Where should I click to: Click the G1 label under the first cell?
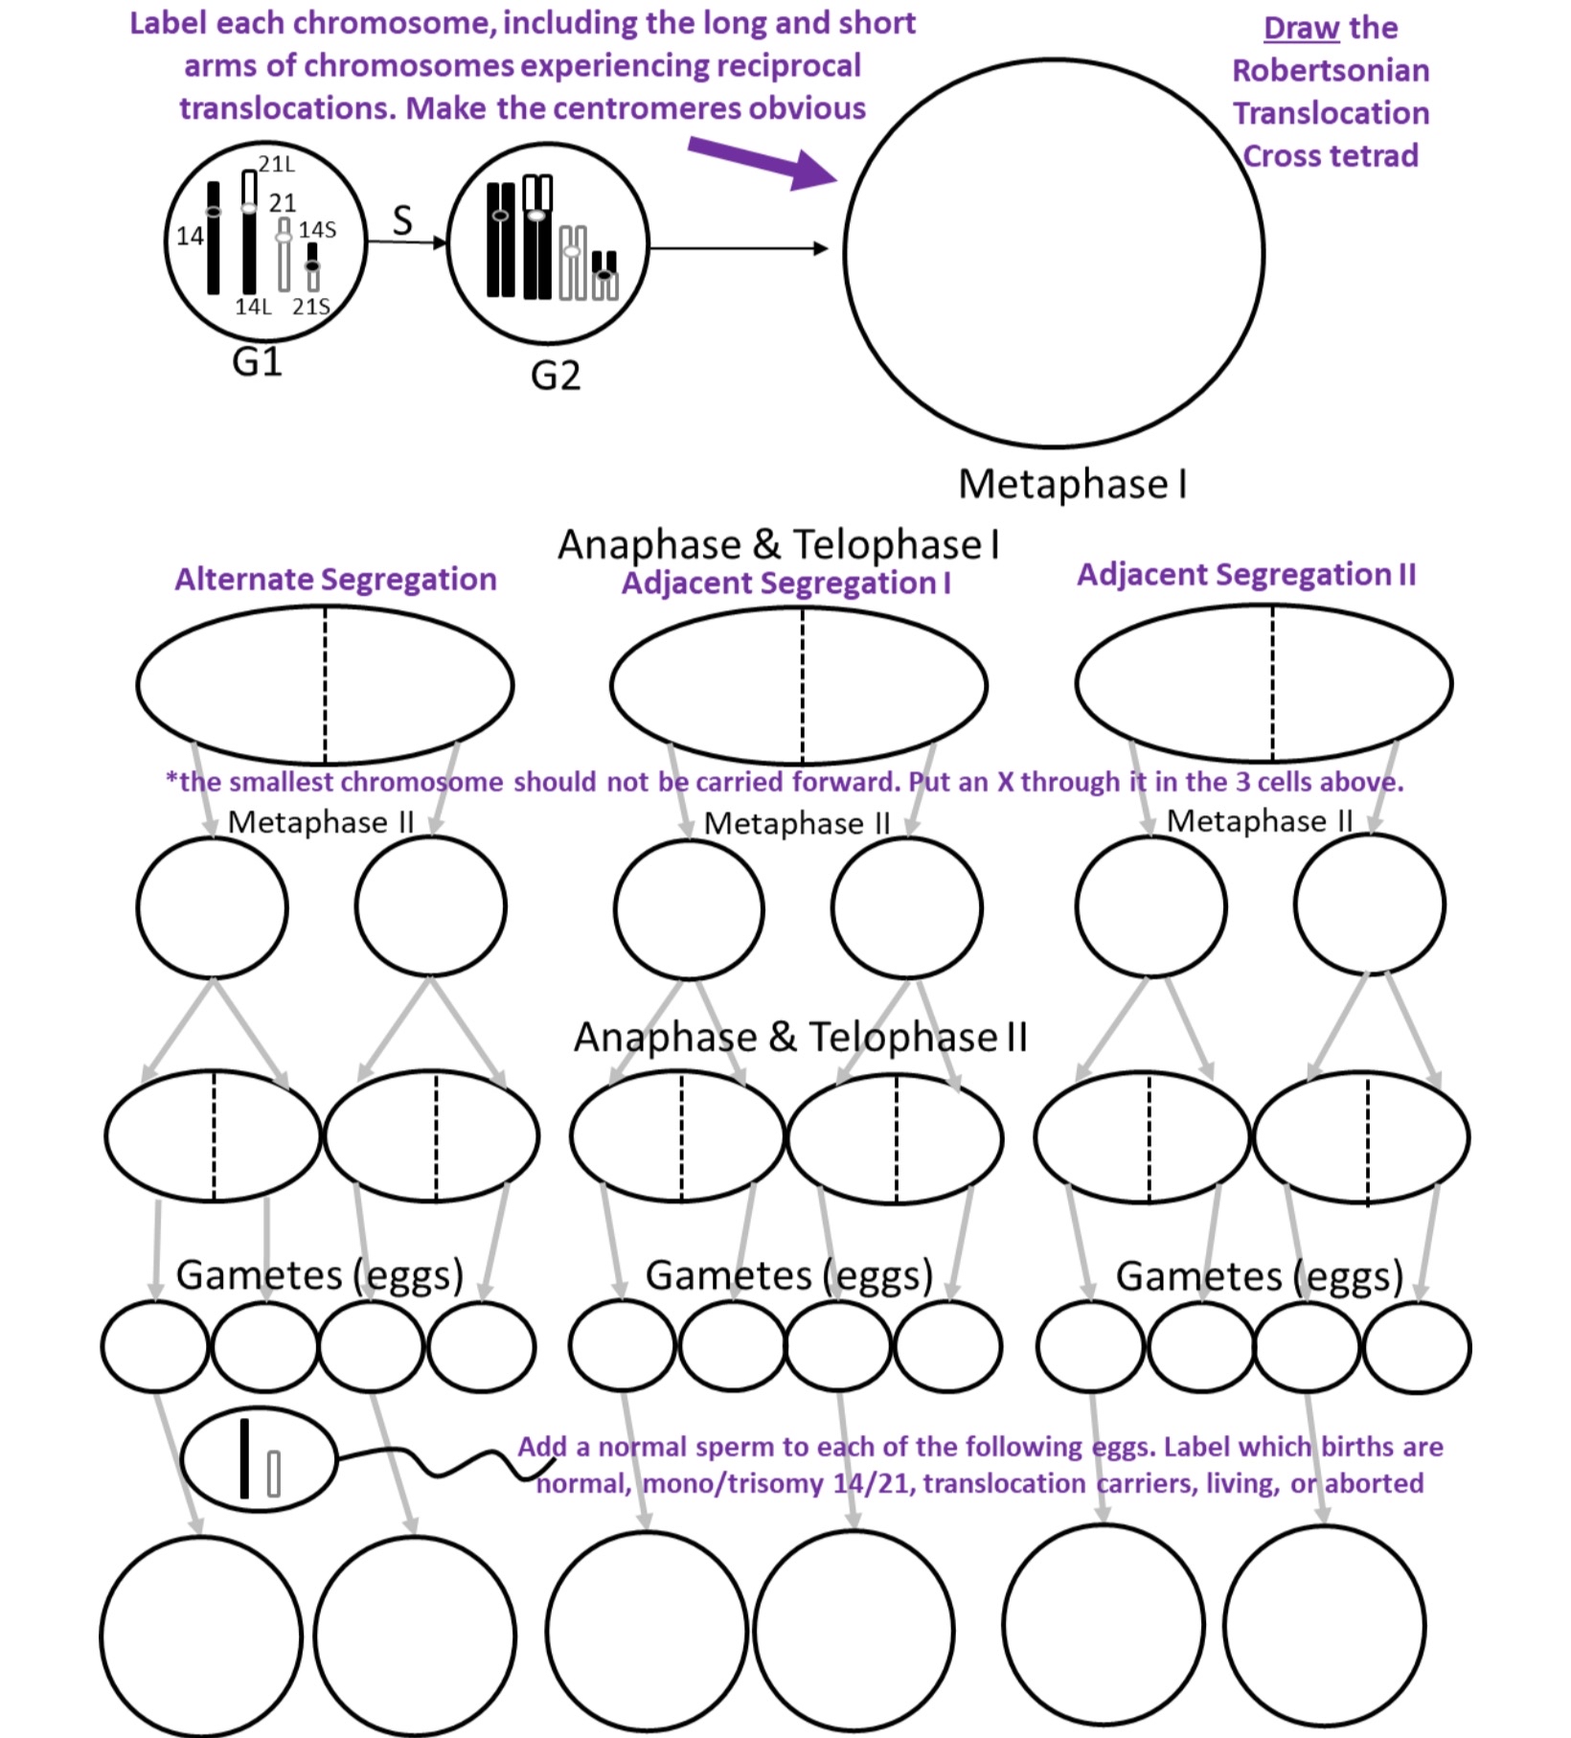257,362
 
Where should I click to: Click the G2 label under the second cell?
556,376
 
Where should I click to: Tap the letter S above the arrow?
402,220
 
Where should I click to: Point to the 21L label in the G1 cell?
277,164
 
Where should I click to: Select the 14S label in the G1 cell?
317,230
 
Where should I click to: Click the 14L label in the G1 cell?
253,307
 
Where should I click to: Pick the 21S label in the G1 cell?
310,307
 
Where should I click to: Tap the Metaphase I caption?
1073,484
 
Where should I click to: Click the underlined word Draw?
1301,28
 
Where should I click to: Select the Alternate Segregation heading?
335,579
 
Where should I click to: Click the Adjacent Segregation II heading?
1245,574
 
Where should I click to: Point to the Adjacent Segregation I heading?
785,583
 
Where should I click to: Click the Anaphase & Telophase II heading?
800,1037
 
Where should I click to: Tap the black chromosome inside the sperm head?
244,1457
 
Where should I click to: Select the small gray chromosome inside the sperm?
274,1474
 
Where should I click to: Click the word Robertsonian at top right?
1330,71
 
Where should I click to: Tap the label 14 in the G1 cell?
190,236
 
